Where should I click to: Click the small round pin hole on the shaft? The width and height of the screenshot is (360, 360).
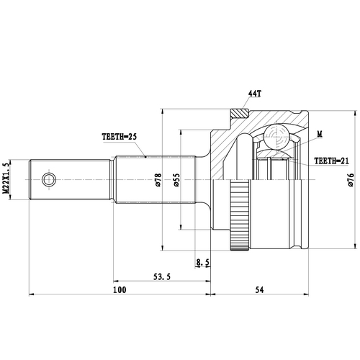pyautogui.click(x=48, y=178)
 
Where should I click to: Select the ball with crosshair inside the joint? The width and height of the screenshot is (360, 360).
pyautogui.click(x=274, y=136)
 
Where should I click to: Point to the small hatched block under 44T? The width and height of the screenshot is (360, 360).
pyautogui.click(x=238, y=112)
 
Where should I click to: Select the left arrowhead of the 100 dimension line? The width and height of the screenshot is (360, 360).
pyautogui.click(x=32, y=294)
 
